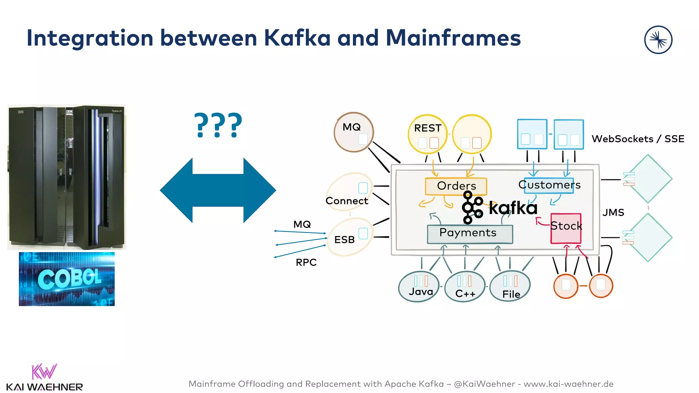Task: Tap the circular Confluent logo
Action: [x=658, y=40]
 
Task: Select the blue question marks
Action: [x=218, y=126]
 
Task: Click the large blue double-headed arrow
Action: [x=218, y=190]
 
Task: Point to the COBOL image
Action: [x=67, y=279]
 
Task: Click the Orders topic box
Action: [x=456, y=186]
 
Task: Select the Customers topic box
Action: [x=549, y=185]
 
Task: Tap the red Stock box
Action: [x=566, y=228]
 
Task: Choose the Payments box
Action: [x=470, y=234]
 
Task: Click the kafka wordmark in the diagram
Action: [x=513, y=208]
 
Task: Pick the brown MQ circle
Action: [x=354, y=132]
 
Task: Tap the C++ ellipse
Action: [x=465, y=287]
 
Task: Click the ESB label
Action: [x=344, y=240]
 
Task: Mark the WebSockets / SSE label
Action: [x=638, y=139]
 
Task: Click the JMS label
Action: [x=613, y=213]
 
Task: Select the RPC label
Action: [x=306, y=262]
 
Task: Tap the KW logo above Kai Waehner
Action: [x=44, y=372]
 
